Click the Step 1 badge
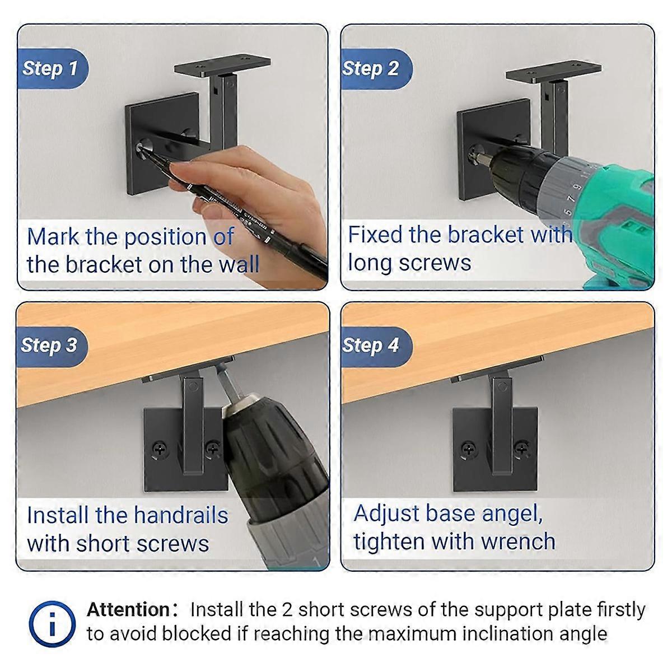pyautogui.click(x=50, y=69)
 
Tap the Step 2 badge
pyautogui.click(x=371, y=68)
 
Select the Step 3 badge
pyautogui.click(x=49, y=345)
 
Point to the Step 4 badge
pyautogui.click(x=371, y=345)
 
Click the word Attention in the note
pyautogui.click(x=128, y=609)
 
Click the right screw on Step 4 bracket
pyautogui.click(x=522, y=447)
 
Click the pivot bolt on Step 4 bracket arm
pyautogui.click(x=502, y=386)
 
